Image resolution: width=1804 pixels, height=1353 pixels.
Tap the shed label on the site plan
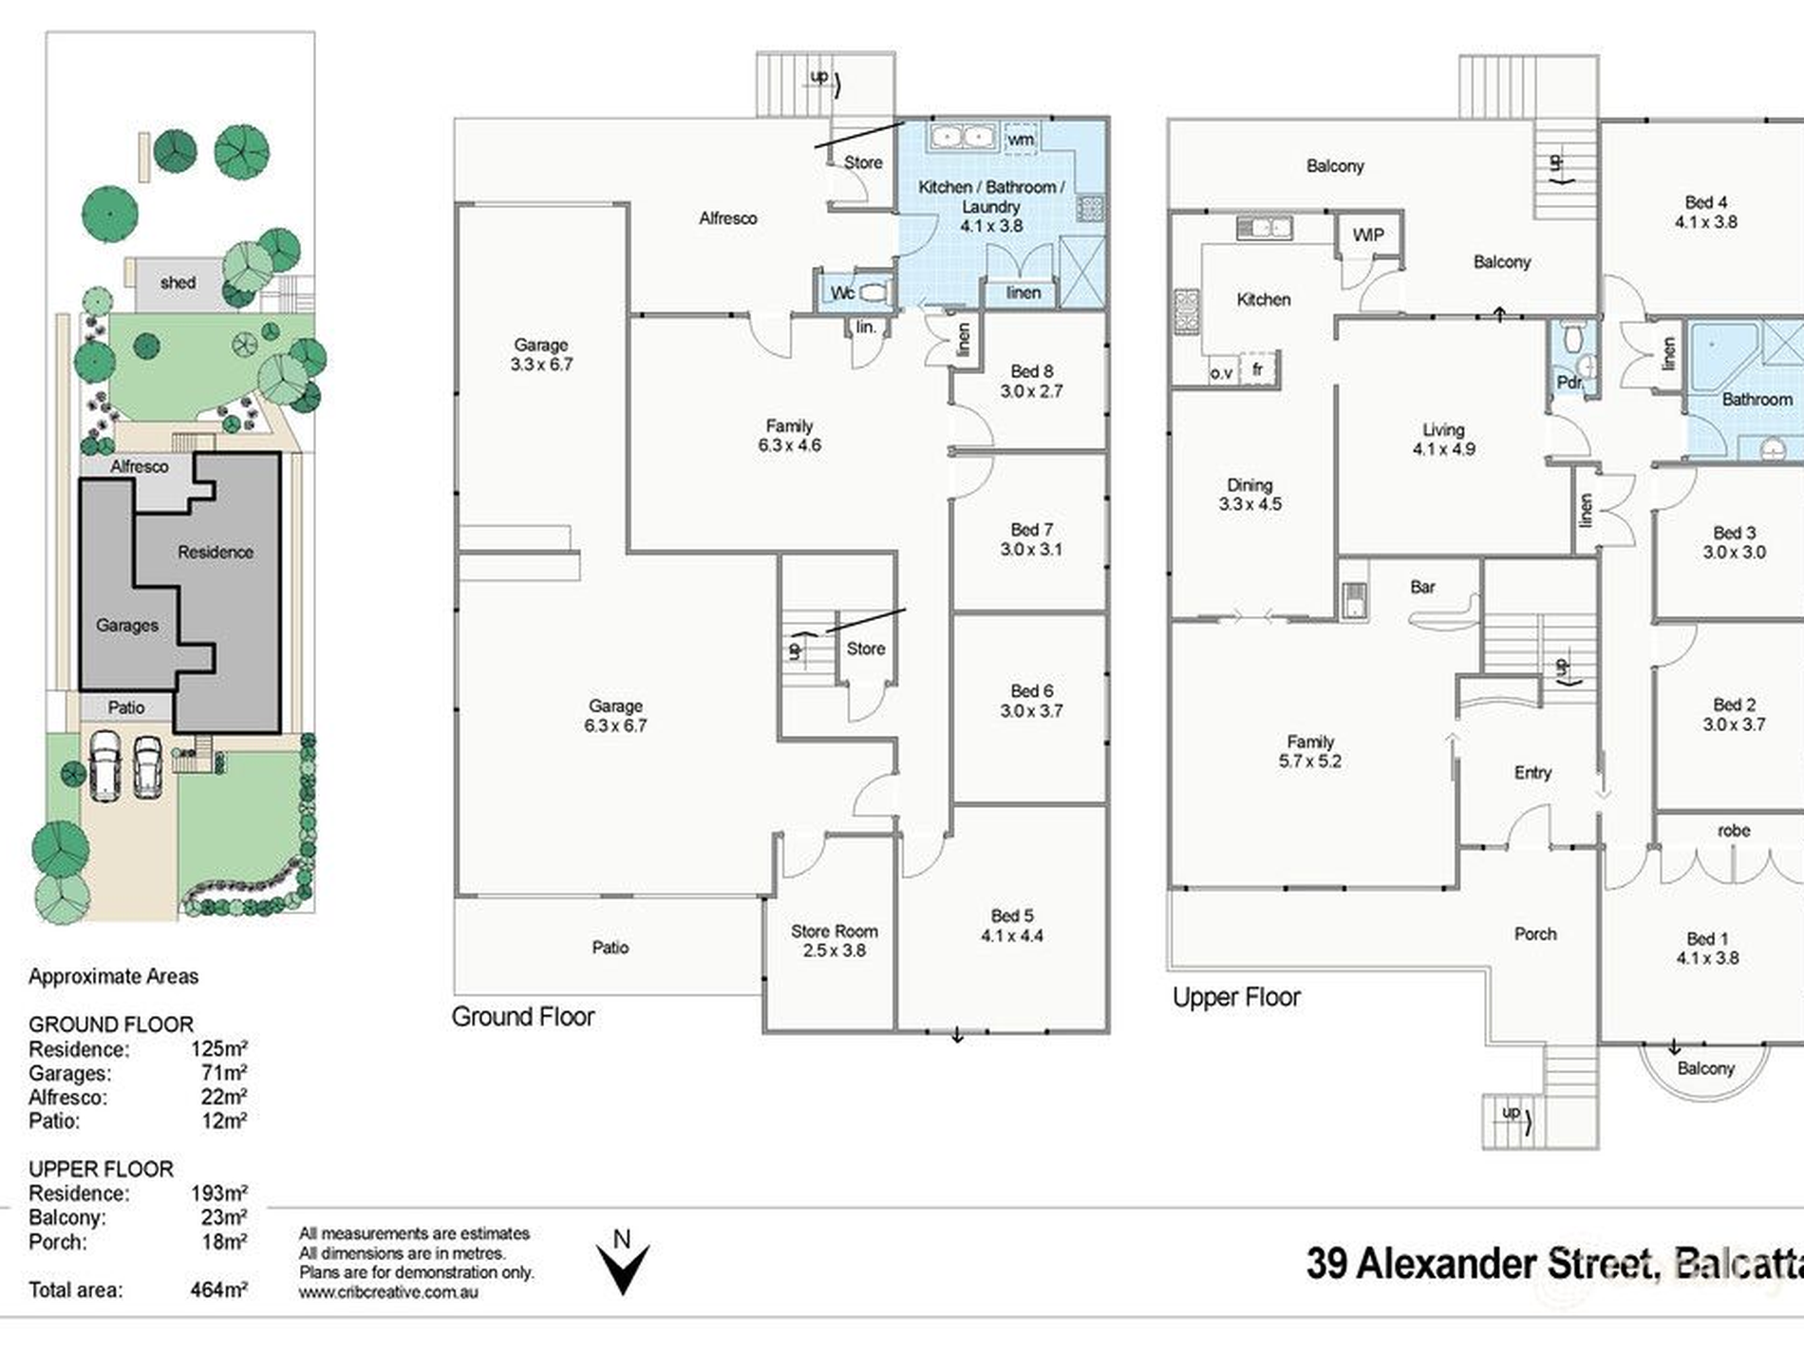(x=178, y=282)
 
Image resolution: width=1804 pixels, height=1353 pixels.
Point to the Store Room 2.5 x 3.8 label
(x=834, y=941)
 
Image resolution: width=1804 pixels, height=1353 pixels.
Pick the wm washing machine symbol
(x=1020, y=139)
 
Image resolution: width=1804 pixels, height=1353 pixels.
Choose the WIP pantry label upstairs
(x=1368, y=235)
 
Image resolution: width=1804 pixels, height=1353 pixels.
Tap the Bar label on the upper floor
(x=1422, y=587)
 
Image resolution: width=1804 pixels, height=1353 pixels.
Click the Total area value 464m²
(x=219, y=1289)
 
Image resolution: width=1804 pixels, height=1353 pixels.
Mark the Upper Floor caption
(x=1236, y=997)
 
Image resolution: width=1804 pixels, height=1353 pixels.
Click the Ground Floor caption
(x=523, y=1017)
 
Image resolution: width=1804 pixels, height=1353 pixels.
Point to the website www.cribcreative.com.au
(x=388, y=1291)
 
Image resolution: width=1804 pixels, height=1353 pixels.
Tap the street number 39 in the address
(x=1326, y=1264)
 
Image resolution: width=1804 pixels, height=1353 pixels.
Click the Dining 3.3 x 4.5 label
(x=1250, y=495)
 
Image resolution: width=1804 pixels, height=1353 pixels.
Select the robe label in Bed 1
(x=1734, y=831)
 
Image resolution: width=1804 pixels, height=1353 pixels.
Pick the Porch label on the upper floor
(x=1535, y=934)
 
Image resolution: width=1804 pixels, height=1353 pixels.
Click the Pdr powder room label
(x=1569, y=383)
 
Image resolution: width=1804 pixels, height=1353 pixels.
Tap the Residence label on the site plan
(x=216, y=552)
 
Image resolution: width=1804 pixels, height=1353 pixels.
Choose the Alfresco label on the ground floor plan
(x=728, y=218)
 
